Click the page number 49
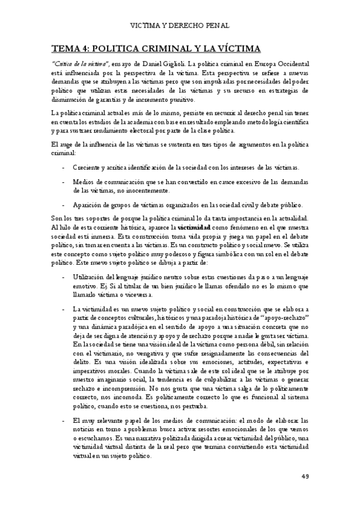[x=305, y=478]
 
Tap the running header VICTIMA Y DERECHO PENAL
[x=180, y=26]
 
